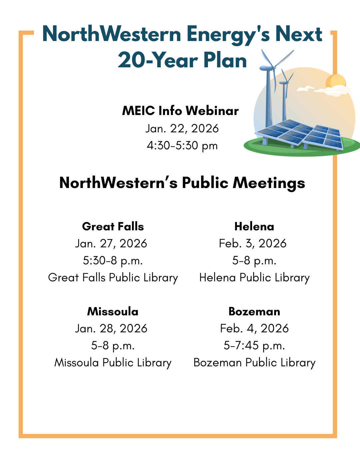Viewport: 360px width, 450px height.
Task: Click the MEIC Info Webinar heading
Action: (180, 111)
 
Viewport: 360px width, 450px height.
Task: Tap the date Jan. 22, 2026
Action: (182, 128)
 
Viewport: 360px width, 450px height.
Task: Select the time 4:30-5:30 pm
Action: (182, 145)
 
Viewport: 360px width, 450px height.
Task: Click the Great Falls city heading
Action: (113, 226)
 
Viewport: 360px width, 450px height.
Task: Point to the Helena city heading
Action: (254, 226)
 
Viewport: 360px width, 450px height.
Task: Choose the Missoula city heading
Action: (113, 311)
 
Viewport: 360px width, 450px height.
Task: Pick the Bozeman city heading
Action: (254, 311)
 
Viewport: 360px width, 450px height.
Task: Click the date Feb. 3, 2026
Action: (253, 243)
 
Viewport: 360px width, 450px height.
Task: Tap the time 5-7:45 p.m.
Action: (254, 345)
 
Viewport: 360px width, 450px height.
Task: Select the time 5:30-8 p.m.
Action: (113, 260)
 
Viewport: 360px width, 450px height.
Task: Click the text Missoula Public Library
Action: (113, 362)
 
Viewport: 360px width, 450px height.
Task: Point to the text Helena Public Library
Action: (254, 277)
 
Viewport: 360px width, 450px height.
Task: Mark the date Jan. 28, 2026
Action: (111, 328)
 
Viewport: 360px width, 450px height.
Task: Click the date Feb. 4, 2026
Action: (254, 328)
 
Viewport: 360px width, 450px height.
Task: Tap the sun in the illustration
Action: (335, 82)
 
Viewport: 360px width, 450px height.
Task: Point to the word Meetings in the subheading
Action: (269, 183)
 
